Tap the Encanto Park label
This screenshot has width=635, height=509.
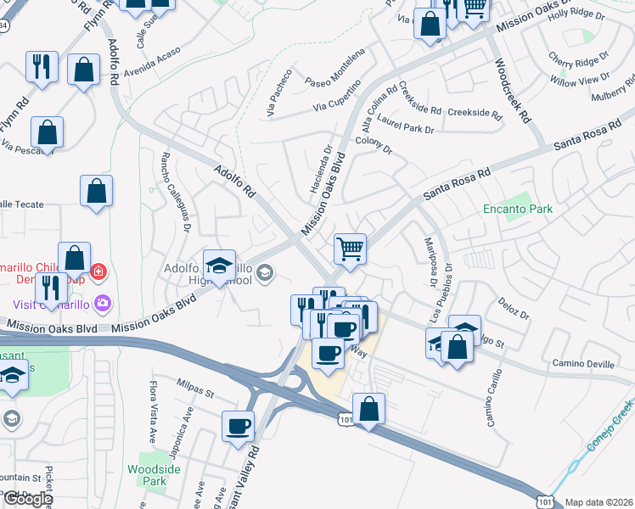(x=517, y=209)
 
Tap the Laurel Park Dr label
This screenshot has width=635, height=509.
(x=406, y=125)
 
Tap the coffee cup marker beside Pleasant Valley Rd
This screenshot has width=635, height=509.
(x=239, y=425)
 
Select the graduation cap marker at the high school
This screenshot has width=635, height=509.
(x=219, y=266)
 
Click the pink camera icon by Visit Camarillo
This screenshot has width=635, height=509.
(x=103, y=302)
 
